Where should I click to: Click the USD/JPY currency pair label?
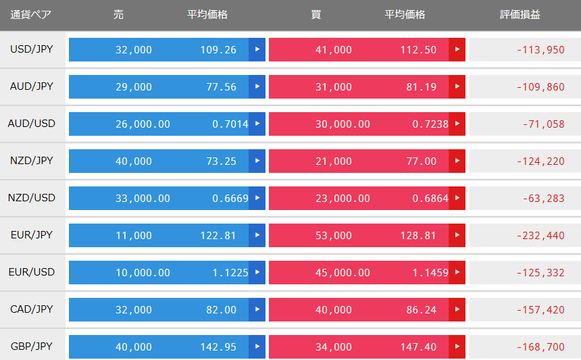[x=32, y=49]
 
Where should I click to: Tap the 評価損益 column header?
[x=520, y=14]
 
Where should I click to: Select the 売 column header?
[x=118, y=14]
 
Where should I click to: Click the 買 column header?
[x=315, y=14]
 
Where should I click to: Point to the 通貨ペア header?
[x=31, y=14]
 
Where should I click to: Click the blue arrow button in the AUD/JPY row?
[x=257, y=86]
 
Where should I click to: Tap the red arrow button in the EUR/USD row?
[x=457, y=272]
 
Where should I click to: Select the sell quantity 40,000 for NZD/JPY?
[x=134, y=161]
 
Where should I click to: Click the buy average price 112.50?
[x=418, y=49]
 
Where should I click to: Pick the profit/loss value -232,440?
[x=540, y=235]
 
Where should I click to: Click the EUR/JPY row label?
[x=32, y=235]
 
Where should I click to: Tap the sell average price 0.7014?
[x=230, y=124]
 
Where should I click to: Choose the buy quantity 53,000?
[x=334, y=235]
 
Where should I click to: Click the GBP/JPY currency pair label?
[x=32, y=346]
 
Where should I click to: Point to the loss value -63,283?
[x=544, y=198]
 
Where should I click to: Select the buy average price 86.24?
[x=422, y=309]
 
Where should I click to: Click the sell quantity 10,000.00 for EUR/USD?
[x=143, y=273]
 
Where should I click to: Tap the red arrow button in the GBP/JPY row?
[x=457, y=346]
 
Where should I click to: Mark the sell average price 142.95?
[x=218, y=347]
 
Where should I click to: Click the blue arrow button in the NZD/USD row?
[x=257, y=198]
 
